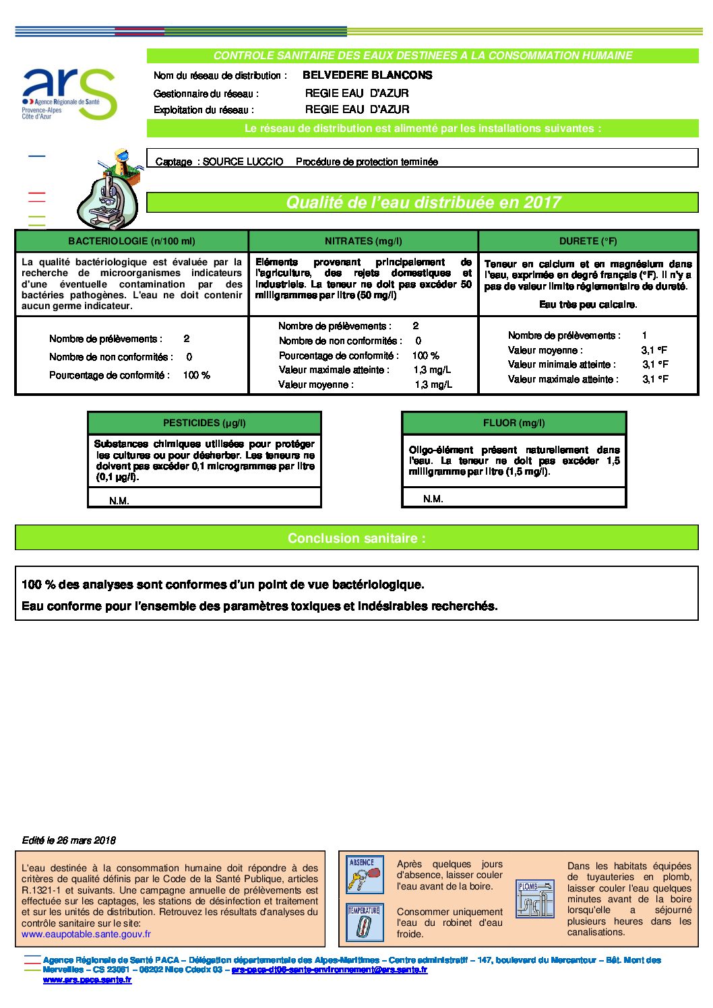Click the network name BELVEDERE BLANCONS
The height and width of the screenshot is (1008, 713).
[367, 75]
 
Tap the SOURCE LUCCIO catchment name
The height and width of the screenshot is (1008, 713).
[243, 162]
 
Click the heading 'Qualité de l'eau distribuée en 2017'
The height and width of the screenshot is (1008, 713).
[423, 203]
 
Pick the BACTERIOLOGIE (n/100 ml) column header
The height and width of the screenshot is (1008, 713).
[131, 241]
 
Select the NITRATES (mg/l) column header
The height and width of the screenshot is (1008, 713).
[363, 241]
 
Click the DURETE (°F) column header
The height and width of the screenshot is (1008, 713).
[588, 241]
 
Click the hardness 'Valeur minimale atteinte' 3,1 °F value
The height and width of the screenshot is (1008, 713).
[655, 364]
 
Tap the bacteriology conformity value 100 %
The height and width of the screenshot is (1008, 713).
[196, 375]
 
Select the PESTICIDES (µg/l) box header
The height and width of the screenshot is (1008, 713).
[204, 423]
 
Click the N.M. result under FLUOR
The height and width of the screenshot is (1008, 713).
[433, 499]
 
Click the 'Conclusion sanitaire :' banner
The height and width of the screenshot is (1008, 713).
[356, 538]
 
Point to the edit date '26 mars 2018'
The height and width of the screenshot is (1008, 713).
[86, 840]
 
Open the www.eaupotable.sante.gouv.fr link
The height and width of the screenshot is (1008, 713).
[86, 934]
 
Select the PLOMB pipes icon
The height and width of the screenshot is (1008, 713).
[534, 898]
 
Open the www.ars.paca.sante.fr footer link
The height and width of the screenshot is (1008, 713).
[87, 980]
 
